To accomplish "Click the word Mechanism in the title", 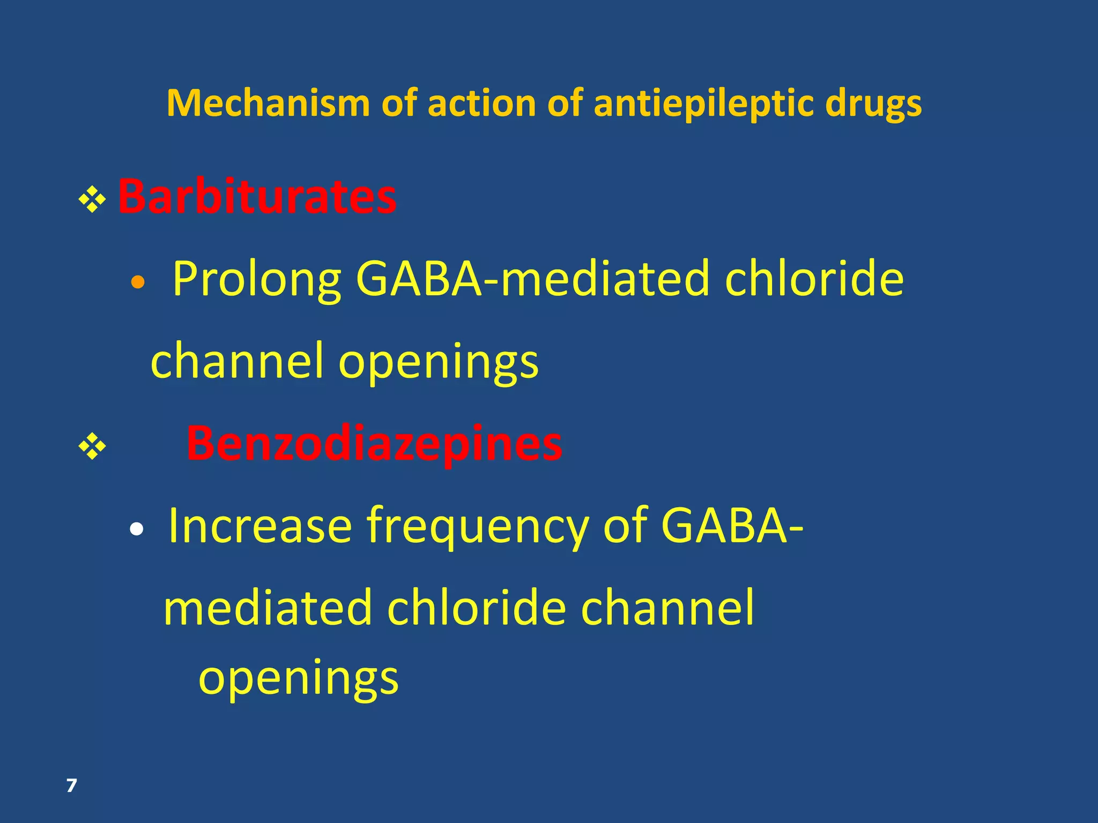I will click(x=268, y=103).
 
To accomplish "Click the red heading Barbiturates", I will click(x=257, y=197).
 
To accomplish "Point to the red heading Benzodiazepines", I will click(x=374, y=444).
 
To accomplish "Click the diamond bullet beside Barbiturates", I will click(x=92, y=200).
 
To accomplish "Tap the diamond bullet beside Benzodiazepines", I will click(x=92, y=446).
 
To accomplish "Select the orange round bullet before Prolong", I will click(x=138, y=282).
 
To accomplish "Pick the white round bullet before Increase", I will click(x=137, y=529).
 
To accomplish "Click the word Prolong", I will click(x=256, y=279).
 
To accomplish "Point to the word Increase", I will click(x=260, y=526).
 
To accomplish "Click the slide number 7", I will click(x=71, y=785).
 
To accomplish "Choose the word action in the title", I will click(x=481, y=103).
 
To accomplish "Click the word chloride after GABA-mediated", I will click(x=814, y=279).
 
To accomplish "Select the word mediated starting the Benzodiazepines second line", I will click(x=267, y=608).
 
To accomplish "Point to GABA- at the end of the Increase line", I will click(x=732, y=526).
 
